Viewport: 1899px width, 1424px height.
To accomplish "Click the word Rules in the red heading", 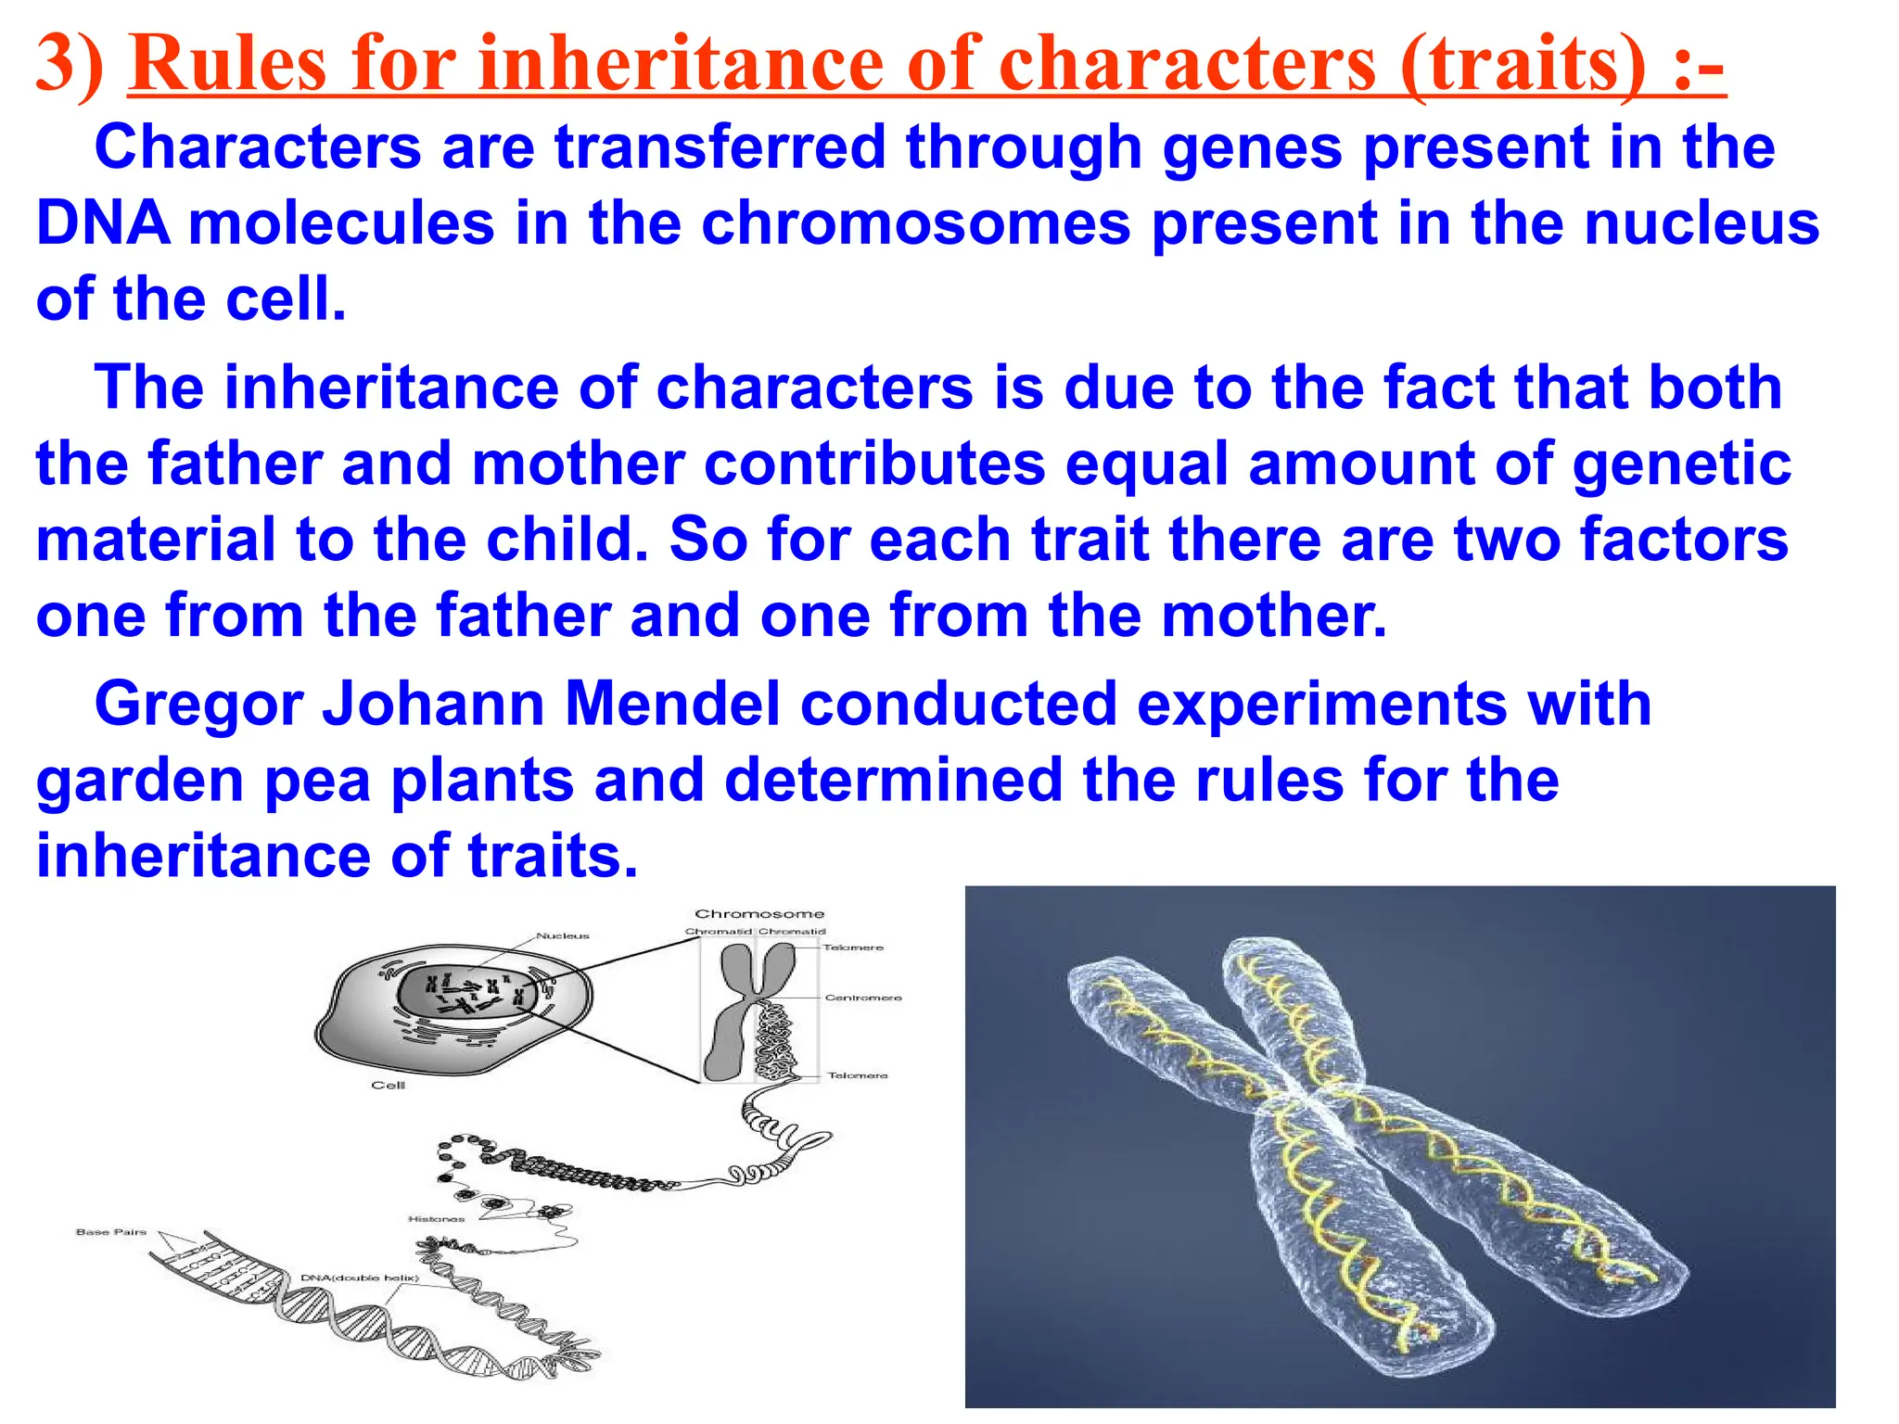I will [x=228, y=63].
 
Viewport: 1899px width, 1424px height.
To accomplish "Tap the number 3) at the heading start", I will [x=70, y=63].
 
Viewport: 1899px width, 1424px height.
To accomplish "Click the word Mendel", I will [x=672, y=704].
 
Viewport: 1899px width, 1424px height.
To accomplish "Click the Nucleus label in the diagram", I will [x=562, y=935].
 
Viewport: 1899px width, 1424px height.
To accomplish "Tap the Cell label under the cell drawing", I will [x=388, y=1085].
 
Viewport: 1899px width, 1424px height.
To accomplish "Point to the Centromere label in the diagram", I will [x=862, y=998].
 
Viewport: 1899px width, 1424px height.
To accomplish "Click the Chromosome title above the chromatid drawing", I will [x=759, y=913].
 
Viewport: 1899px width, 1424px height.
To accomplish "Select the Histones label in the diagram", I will [x=436, y=1218].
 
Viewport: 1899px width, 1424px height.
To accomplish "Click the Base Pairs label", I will [x=111, y=1232].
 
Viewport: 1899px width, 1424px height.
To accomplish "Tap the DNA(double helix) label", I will [x=360, y=1278].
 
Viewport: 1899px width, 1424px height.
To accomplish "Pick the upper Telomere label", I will [x=853, y=947].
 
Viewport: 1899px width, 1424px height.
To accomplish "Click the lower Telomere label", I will [x=857, y=1075].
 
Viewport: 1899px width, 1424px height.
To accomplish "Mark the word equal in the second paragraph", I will [x=1146, y=464].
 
